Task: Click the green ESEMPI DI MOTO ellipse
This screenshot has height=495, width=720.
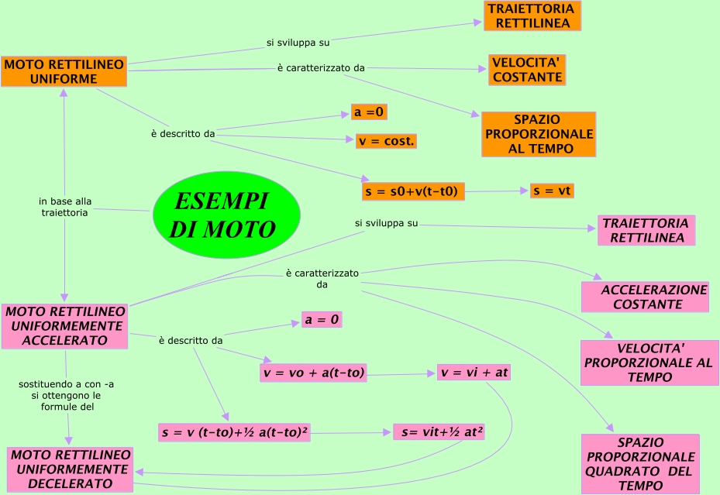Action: click(x=226, y=215)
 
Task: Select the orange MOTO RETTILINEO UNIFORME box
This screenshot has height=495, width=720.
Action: click(x=63, y=71)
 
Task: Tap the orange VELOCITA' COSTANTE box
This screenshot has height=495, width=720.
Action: click(x=527, y=70)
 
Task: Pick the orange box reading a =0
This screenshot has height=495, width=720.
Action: click(x=369, y=112)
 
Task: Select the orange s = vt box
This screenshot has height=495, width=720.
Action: click(x=553, y=190)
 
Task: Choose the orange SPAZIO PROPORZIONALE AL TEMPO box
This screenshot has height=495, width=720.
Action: click(x=539, y=134)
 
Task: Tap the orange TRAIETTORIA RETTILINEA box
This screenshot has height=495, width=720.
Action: click(x=532, y=16)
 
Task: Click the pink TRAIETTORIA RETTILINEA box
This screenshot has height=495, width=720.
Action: click(x=646, y=231)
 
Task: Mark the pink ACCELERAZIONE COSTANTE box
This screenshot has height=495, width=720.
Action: click(x=646, y=297)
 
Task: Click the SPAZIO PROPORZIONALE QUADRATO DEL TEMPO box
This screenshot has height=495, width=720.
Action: click(x=639, y=463)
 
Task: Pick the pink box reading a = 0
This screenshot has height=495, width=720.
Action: click(x=322, y=319)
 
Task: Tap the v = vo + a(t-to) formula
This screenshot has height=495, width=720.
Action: click(x=313, y=373)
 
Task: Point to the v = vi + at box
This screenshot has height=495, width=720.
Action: click(x=474, y=373)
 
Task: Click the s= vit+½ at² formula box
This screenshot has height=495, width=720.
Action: click(x=439, y=432)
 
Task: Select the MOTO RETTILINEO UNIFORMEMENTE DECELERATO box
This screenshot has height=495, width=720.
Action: click(x=71, y=469)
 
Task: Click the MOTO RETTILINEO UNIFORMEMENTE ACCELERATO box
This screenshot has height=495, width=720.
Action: click(x=65, y=325)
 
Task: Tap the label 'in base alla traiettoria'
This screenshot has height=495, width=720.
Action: click(x=65, y=208)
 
